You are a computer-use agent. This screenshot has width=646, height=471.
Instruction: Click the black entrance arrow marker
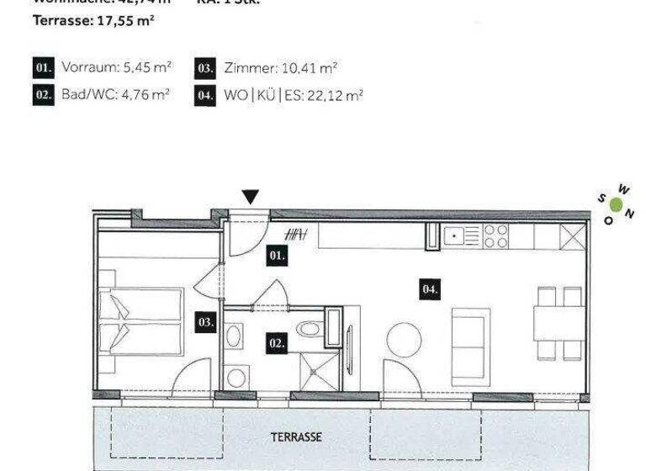(250, 197)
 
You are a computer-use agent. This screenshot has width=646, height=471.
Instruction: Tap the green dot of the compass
(617, 204)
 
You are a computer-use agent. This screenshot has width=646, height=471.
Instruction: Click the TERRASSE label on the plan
(296, 437)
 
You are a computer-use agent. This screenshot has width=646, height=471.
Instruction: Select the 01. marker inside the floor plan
(278, 256)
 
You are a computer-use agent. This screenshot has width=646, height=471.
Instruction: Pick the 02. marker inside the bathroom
(277, 343)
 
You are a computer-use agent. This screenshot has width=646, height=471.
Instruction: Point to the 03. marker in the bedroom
(205, 321)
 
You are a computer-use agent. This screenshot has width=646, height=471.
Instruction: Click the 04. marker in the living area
(430, 289)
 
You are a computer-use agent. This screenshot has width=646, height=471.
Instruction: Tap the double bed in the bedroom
(140, 321)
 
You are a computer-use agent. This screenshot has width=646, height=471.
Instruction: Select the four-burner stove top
(496, 235)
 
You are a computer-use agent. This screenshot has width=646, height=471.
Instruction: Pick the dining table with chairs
(559, 322)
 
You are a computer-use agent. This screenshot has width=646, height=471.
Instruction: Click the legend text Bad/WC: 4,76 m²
(115, 95)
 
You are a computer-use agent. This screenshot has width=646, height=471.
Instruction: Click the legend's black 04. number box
(205, 95)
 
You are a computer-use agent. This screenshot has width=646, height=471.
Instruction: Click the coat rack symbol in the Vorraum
(296, 235)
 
